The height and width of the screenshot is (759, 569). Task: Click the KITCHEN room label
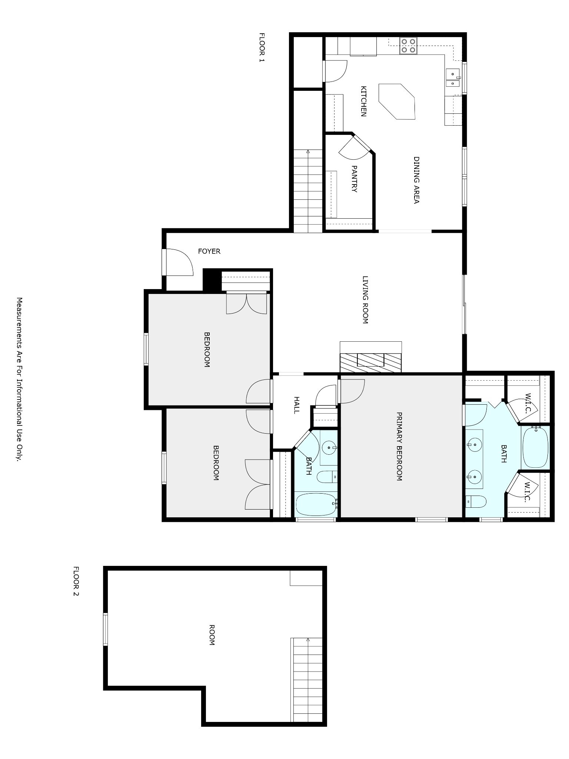364,101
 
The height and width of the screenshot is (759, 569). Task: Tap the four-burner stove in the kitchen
408,46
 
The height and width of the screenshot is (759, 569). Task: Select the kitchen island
396,101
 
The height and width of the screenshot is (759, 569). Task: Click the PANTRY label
354,179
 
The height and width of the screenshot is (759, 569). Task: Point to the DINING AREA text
416,180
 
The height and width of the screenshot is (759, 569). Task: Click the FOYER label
209,251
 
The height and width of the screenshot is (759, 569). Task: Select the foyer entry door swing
178,262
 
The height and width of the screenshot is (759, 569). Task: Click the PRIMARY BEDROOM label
399,447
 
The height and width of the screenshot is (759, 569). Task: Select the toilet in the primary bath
476,502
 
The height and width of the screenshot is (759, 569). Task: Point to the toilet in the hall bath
327,477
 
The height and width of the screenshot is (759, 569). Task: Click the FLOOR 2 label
76,581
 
